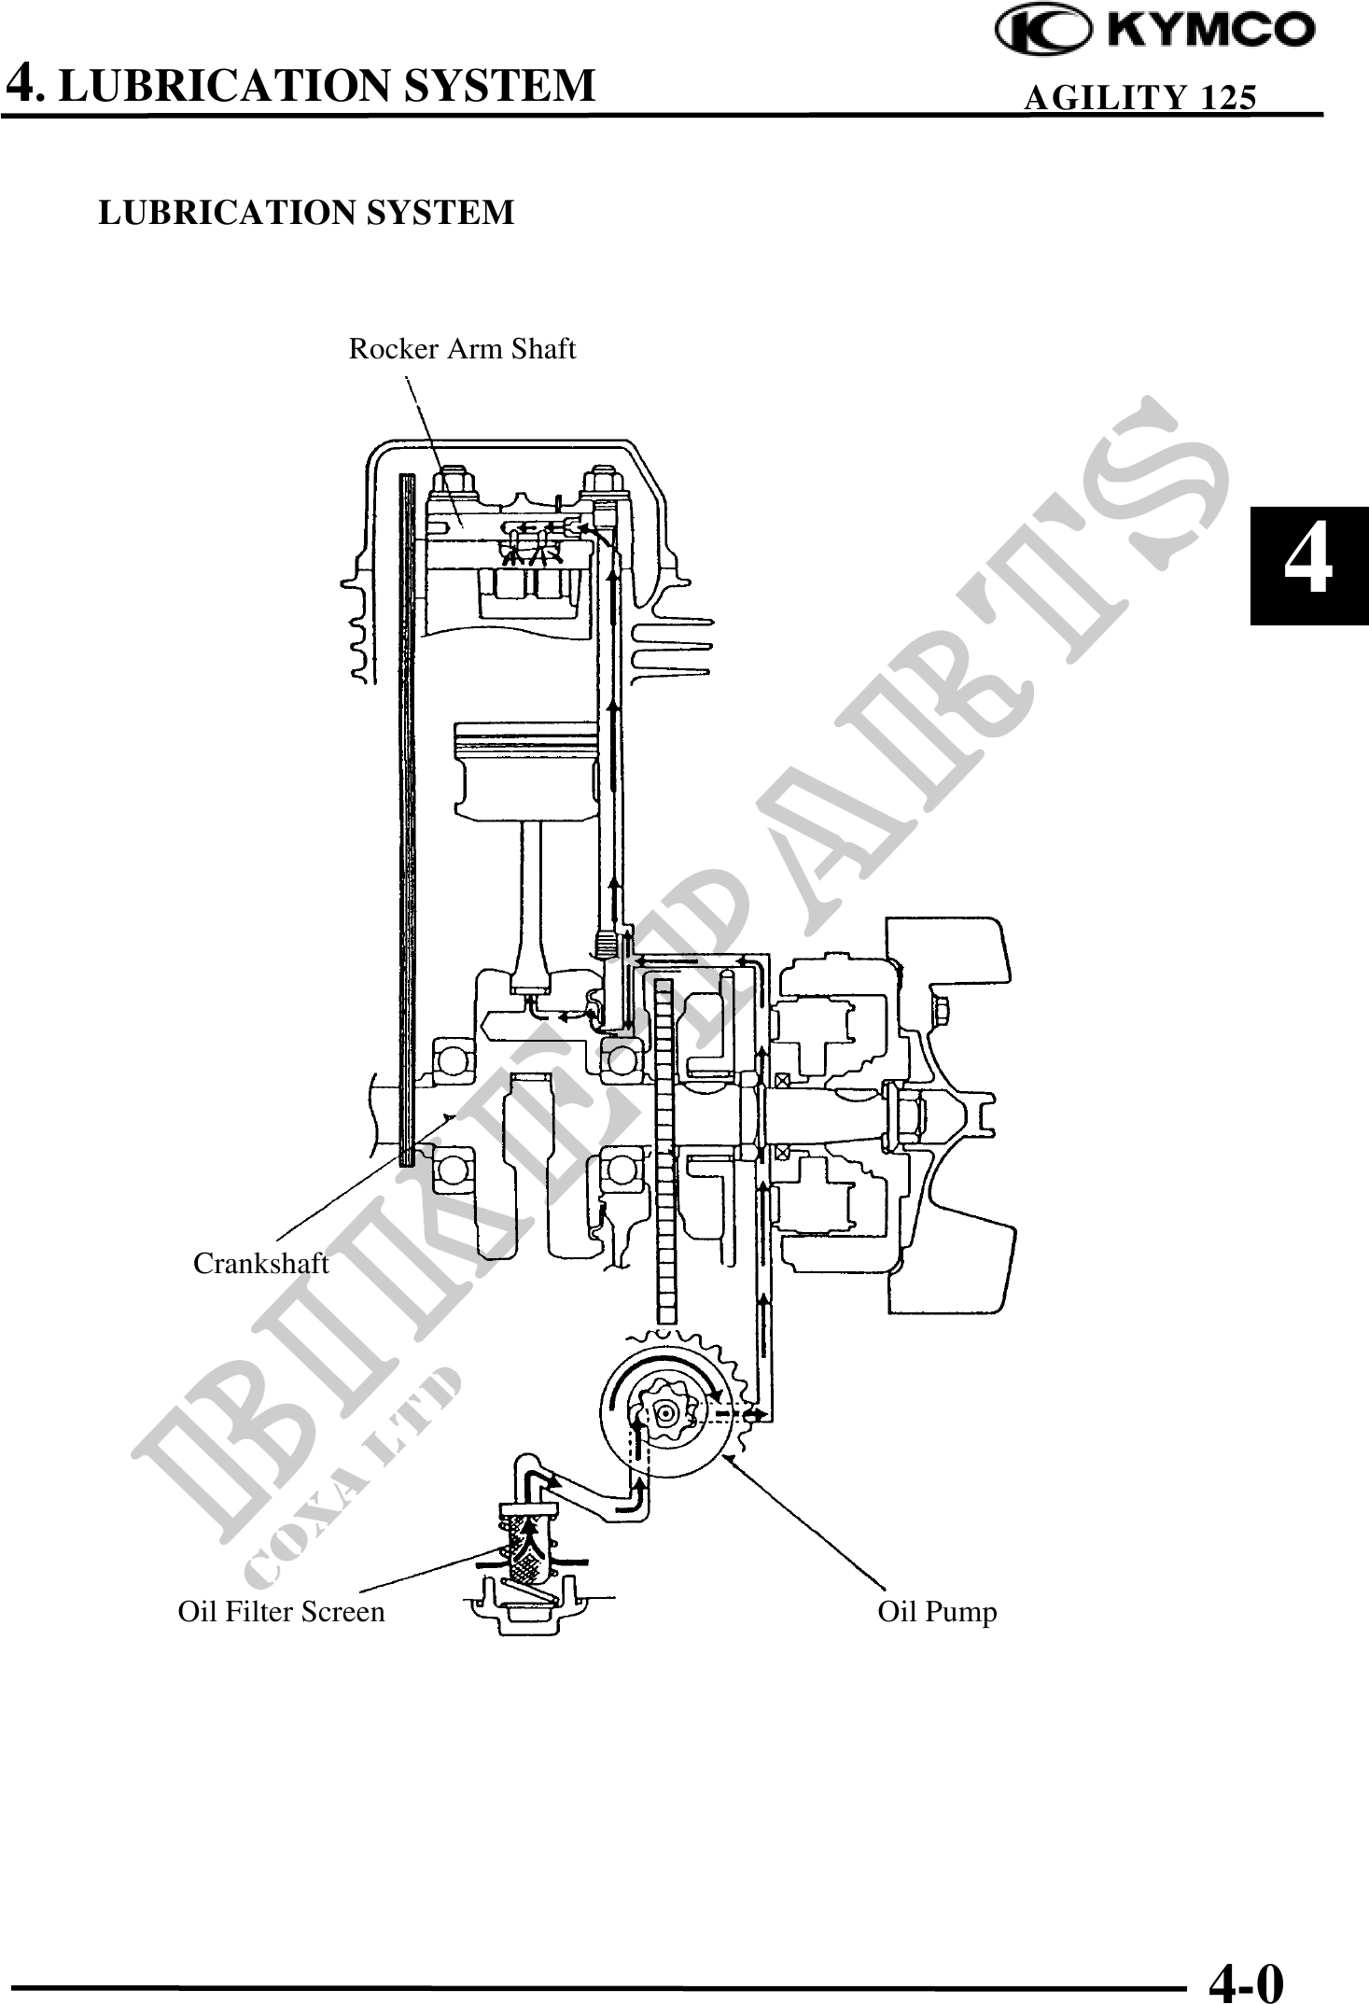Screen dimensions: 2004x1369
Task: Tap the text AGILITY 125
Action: tap(1139, 97)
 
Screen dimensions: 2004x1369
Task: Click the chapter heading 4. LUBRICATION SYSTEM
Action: tap(300, 84)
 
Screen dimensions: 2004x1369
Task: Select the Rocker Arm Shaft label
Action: tap(462, 349)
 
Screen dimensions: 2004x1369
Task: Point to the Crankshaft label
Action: tap(260, 1264)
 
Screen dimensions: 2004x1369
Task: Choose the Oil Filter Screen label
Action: tap(281, 1612)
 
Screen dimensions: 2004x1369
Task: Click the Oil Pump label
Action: tap(937, 1612)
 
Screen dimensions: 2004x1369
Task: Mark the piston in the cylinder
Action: tap(525, 769)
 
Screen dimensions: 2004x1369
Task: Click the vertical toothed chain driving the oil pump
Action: tap(664, 1148)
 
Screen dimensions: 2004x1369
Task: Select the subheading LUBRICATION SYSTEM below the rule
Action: tap(306, 213)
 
